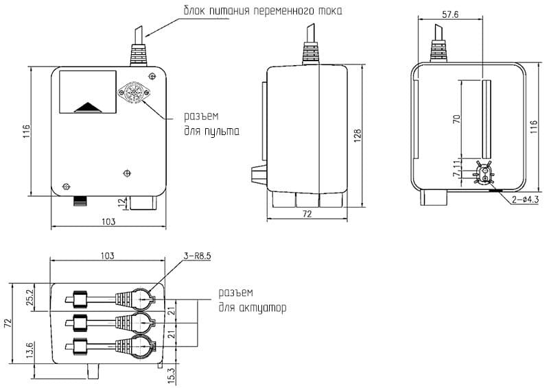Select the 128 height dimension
pos(357,136)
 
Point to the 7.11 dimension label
pos(456,168)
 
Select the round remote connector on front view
pos(130,94)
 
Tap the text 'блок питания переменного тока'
pos(261,12)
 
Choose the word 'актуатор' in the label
pos(261,308)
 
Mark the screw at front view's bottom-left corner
pos(66,186)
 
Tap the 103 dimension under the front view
pos(107,221)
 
